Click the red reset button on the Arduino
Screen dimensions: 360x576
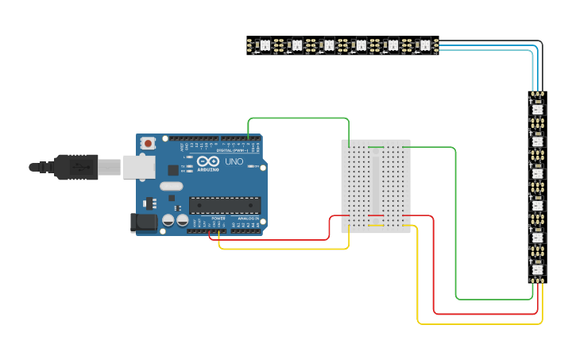pos(148,143)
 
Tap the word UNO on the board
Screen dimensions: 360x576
pos(234,161)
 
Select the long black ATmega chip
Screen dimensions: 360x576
pos(224,205)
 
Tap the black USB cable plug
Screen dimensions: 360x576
pos(76,167)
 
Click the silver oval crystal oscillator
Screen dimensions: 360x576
pos(171,187)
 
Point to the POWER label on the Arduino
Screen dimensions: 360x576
pos(218,218)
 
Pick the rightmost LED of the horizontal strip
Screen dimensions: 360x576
pos(424,45)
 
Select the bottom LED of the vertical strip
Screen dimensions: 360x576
pos(538,269)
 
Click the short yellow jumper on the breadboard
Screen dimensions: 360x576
pos(376,226)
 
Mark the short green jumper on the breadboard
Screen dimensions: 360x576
pos(376,147)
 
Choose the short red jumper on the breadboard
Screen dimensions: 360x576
pos(376,215)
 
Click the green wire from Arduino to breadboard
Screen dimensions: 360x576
pos(298,118)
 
